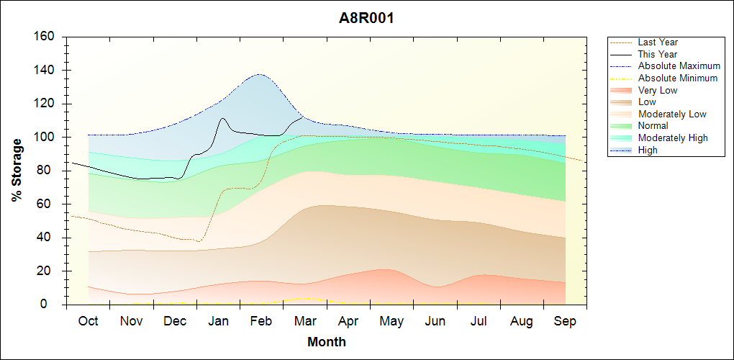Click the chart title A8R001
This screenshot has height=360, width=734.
(x=366, y=19)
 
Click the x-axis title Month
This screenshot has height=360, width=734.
(x=327, y=342)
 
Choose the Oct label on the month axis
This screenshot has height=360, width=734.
(x=88, y=321)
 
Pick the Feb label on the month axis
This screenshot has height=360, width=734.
(x=261, y=321)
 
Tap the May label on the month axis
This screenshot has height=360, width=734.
(x=391, y=321)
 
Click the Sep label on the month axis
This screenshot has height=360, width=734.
(x=565, y=321)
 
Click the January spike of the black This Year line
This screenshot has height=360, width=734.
(x=222, y=118)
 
